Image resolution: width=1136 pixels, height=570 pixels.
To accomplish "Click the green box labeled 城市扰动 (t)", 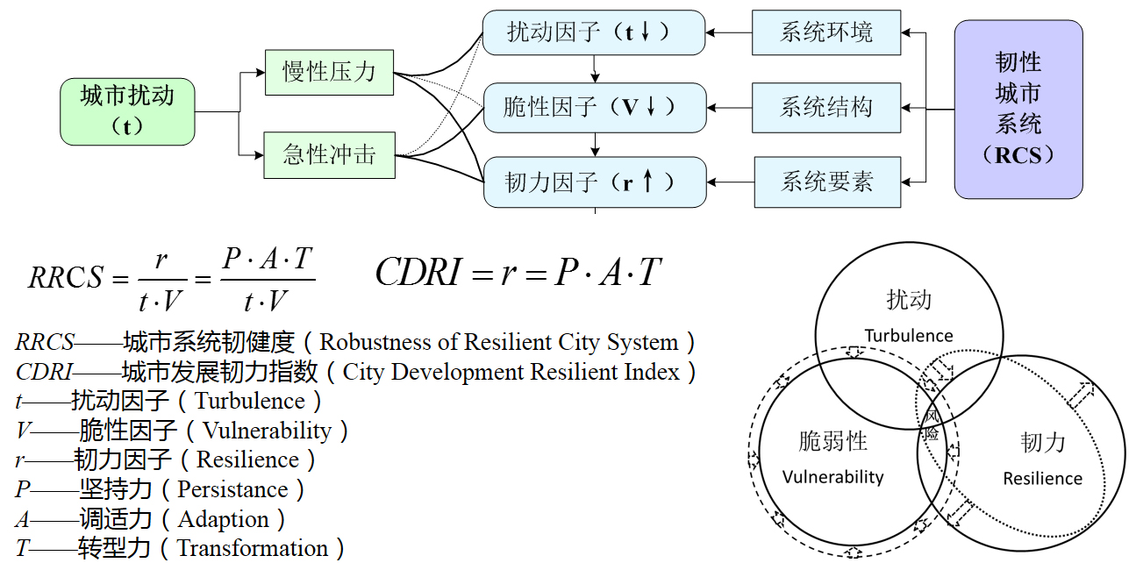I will pos(127,111).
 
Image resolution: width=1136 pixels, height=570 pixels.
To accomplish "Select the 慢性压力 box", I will pos(329,72).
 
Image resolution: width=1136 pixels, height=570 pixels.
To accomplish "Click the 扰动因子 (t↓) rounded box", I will pos(594,33).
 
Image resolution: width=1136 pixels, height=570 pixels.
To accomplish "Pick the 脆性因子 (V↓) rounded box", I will pos(594,108).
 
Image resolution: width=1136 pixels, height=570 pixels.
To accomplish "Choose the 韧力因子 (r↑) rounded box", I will pos(594,182).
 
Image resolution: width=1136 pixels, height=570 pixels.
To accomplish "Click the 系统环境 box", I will pos(826,33).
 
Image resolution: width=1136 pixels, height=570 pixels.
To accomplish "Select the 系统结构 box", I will pos(826,108).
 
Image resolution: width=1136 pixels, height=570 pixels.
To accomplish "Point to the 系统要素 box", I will pos(826,182).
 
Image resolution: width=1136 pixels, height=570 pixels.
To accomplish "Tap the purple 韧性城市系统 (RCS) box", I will pos(1018,109).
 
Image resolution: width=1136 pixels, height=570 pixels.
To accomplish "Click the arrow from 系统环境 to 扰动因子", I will pos(729,33).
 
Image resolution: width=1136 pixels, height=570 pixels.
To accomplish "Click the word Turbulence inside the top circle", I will pos(909,336).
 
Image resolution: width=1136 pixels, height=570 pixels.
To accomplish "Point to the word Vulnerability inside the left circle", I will pos(832,478).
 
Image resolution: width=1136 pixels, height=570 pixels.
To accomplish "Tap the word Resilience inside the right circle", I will pos(1042,479).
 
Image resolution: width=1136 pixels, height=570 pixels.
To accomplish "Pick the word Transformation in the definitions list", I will pos(253,549).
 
